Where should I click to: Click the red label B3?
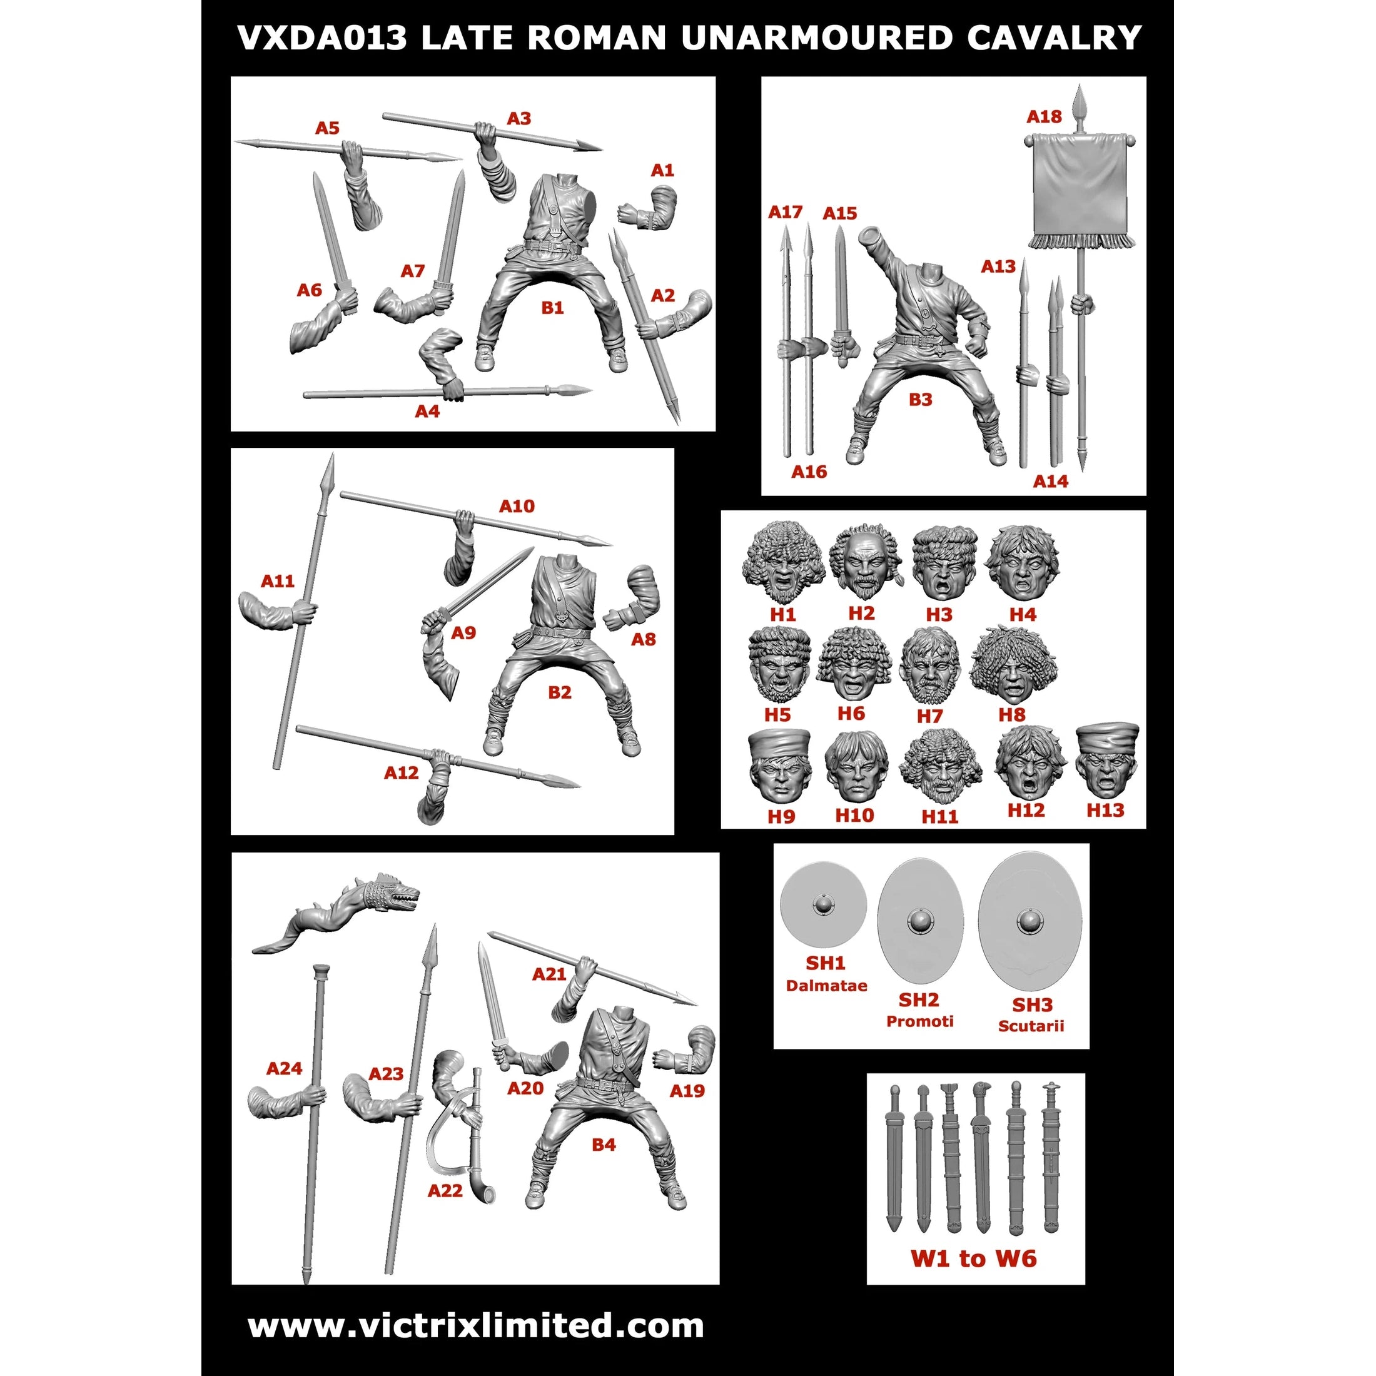(920, 400)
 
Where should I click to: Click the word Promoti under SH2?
(919, 1021)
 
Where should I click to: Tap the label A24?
(284, 1068)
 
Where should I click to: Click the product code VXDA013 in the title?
(322, 38)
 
